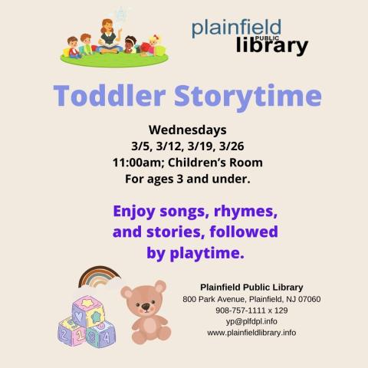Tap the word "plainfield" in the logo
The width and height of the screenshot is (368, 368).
(x=236, y=29)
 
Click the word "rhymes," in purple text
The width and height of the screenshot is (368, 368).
(x=243, y=209)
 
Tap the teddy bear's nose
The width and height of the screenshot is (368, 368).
(x=146, y=307)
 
